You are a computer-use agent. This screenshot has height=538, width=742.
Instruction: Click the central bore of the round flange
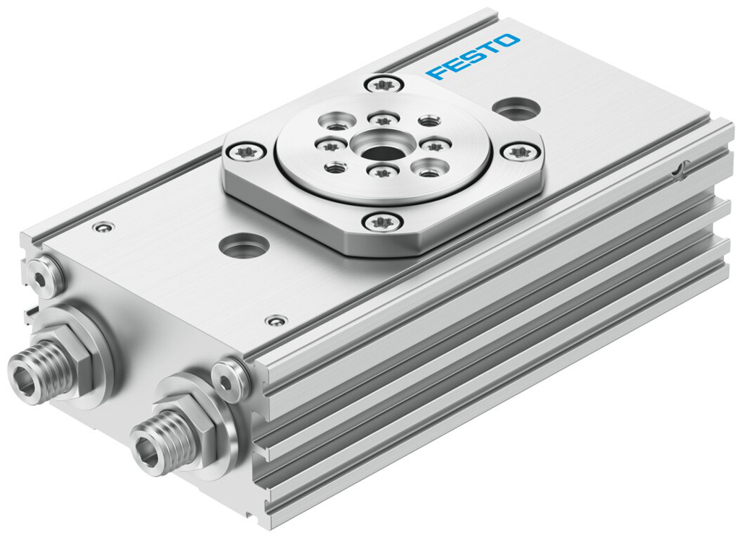[382, 152]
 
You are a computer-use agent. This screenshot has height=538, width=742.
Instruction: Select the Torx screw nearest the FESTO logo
[383, 85]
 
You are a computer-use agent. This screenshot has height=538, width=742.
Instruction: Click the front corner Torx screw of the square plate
[383, 222]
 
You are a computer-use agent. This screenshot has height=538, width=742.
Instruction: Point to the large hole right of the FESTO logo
[517, 109]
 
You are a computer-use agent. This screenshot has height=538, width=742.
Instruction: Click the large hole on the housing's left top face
[244, 246]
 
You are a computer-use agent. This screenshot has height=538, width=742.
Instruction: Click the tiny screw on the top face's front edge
[276, 320]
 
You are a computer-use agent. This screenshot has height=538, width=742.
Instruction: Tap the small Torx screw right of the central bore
[434, 146]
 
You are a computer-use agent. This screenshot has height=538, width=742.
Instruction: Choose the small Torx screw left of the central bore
[331, 147]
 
